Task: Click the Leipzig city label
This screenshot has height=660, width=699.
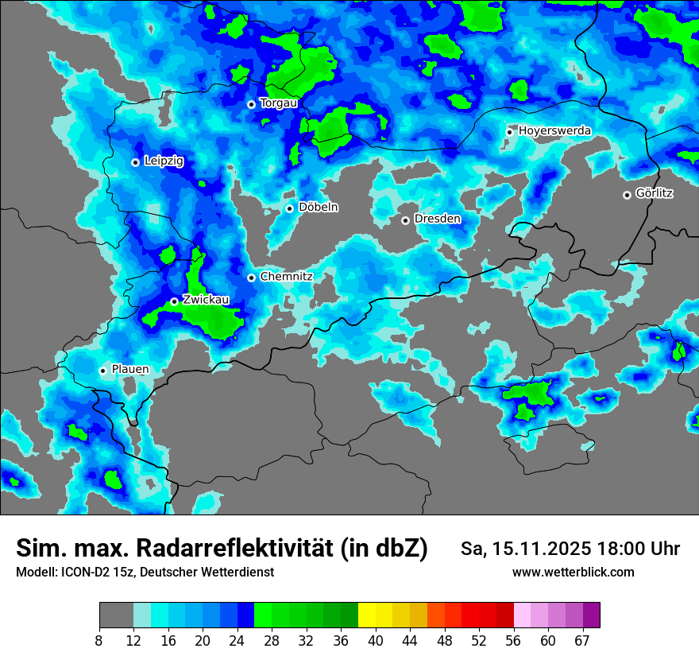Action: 164,161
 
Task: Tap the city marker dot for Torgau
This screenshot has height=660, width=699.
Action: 251,104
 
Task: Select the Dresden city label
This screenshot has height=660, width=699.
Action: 437,219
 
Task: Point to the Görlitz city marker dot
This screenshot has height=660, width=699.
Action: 627,195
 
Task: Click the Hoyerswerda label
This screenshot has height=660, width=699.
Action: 554,130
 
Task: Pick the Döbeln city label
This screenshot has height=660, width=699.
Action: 318,208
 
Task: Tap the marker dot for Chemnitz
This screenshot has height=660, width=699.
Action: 251,278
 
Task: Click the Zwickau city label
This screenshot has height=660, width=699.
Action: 206,300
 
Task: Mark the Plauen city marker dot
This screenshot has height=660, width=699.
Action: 102,371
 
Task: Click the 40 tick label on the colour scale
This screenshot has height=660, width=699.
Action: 376,641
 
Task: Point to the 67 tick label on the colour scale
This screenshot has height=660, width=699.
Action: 581,641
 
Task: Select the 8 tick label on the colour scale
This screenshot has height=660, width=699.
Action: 99,641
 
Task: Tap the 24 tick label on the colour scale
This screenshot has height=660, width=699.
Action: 237,641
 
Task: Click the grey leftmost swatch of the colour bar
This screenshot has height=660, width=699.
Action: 116,615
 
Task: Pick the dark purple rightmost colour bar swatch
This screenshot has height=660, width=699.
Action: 591,615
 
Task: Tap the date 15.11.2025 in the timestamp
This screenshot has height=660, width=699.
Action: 542,549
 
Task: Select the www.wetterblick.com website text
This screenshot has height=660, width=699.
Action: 573,573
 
